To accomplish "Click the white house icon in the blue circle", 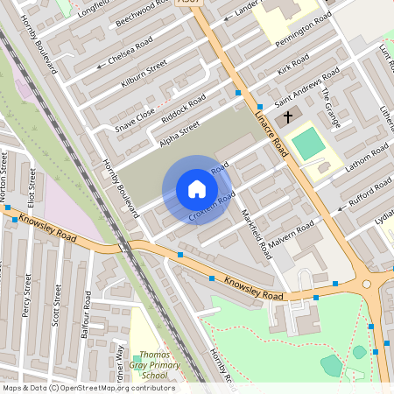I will click(197, 189).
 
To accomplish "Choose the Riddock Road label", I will click(183, 110).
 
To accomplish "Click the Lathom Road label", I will click(359, 157).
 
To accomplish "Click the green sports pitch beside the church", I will click(307, 144).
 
